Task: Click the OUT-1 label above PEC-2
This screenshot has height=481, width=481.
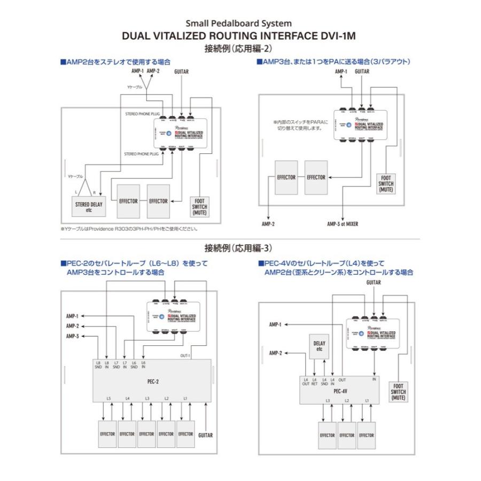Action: [185, 355]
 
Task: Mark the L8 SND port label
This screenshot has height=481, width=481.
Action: [98, 366]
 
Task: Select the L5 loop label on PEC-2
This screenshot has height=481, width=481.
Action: [108, 399]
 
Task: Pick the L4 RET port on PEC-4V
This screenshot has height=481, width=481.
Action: [315, 381]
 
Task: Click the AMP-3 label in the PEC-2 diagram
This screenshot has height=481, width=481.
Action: [73, 336]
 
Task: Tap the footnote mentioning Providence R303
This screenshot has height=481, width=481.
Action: [129, 229]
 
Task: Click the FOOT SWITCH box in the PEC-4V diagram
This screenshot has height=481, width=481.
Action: [398, 392]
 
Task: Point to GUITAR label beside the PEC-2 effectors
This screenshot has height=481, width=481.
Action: [205, 435]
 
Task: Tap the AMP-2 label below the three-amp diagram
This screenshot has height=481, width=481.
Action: [268, 224]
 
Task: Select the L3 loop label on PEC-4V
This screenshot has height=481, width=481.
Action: [328, 400]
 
